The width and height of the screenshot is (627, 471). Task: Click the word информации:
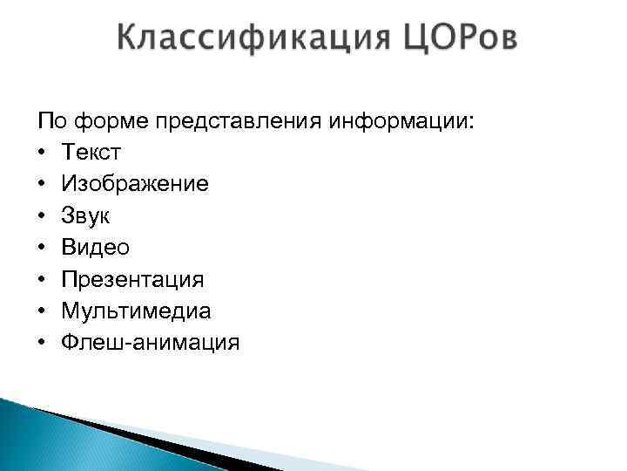(402, 121)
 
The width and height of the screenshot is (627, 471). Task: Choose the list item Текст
(91, 154)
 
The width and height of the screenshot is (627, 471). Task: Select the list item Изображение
(135, 185)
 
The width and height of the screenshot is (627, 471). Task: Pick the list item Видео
(96, 248)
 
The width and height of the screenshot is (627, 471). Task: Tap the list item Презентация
(132, 280)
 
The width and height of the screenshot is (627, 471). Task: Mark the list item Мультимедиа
(136, 311)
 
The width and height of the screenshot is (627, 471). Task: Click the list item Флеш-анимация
(150, 343)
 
